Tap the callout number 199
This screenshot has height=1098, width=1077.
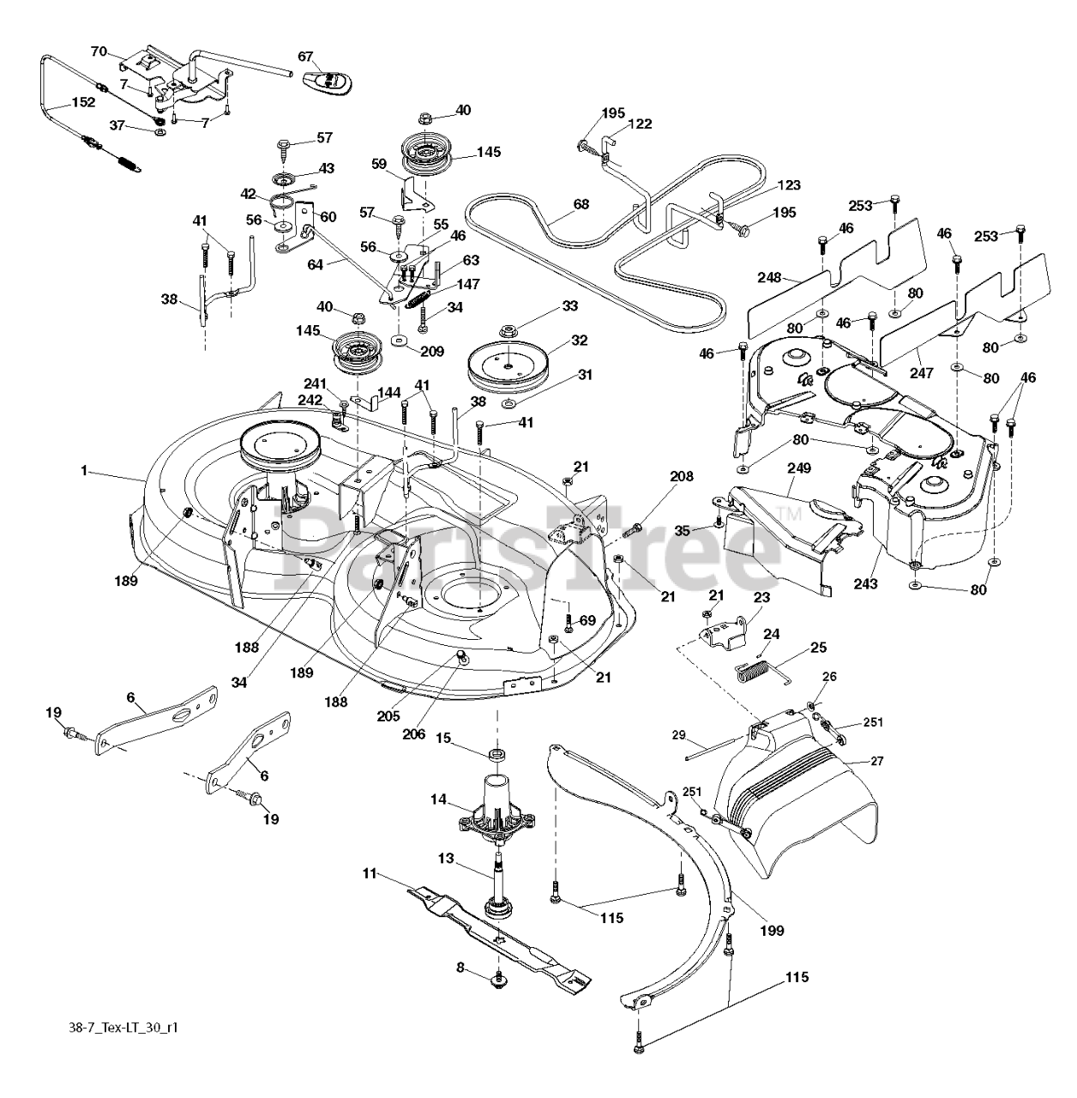coord(771,929)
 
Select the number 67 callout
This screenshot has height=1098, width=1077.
coord(306,56)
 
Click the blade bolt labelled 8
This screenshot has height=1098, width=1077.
coord(497,980)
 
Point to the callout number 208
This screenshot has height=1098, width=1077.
coord(683,476)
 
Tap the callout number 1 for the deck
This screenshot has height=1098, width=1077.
coord(84,470)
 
